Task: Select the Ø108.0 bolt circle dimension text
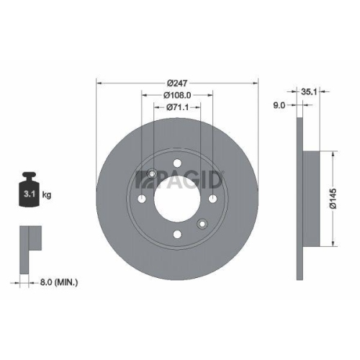[176, 94]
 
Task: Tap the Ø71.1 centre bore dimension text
[176, 107]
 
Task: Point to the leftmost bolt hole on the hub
[142, 200]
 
